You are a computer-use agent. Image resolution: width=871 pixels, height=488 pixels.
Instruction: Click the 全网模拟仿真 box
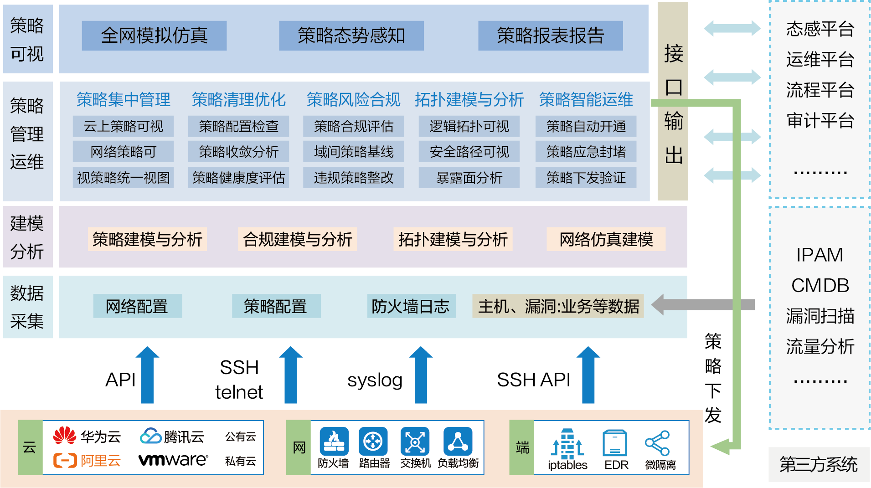154,36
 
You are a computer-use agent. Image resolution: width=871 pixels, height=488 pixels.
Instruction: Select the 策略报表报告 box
550,36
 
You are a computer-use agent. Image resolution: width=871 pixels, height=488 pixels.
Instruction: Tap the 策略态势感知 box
351,36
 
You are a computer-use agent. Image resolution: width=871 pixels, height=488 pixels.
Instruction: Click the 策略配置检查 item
238,126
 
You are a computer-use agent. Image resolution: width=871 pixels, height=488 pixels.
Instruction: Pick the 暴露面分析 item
469,178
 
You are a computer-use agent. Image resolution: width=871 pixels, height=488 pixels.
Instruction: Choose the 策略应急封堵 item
586,152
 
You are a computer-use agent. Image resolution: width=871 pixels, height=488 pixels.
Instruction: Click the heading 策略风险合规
353,99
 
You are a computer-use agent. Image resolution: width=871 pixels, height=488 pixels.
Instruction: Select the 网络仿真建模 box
606,239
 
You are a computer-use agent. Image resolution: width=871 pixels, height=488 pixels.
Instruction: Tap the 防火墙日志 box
411,306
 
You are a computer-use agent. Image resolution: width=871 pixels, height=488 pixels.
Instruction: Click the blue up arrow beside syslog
421,375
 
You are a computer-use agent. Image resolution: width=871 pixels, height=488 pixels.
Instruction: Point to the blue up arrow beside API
147,375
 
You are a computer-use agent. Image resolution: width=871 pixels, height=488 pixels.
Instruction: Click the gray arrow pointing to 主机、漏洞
703,305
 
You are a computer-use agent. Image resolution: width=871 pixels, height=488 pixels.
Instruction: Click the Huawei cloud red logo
65,436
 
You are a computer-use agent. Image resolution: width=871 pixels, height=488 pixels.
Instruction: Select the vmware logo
173,460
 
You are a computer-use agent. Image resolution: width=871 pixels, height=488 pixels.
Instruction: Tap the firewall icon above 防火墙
334,442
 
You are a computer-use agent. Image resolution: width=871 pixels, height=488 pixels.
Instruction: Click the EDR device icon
615,443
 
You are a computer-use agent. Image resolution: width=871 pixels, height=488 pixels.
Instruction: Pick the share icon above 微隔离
657,443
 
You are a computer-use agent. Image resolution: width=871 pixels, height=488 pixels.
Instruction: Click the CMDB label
820,286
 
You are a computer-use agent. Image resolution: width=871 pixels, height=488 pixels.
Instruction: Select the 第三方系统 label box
819,464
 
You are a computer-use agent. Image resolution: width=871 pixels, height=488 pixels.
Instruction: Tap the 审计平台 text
820,121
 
